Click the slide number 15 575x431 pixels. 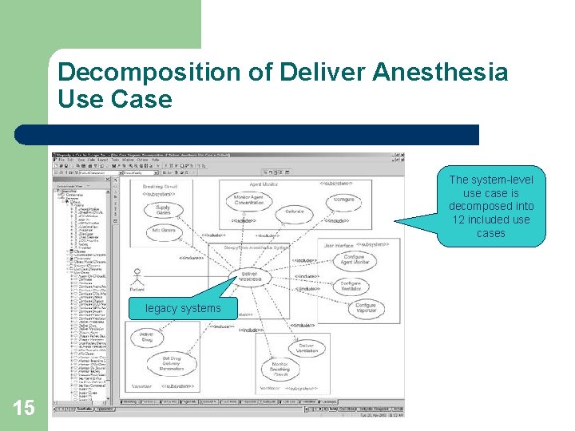tap(24, 408)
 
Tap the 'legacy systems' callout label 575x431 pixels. tap(183, 308)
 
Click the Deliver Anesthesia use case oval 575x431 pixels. tap(250, 275)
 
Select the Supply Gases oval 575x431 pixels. tap(162, 210)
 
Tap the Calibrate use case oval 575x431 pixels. tap(295, 213)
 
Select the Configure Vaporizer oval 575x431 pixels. tap(365, 308)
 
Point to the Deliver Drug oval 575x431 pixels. tap(147, 337)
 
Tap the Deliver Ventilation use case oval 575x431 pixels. tap(307, 349)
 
